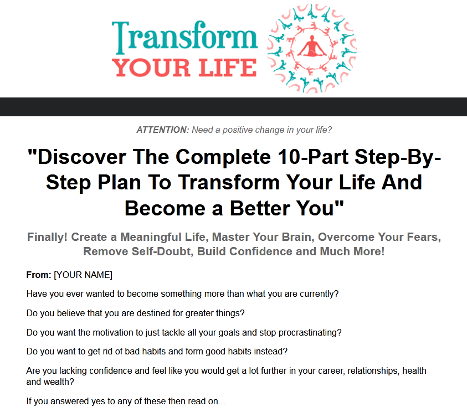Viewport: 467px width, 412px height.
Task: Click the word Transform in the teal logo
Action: (x=184, y=37)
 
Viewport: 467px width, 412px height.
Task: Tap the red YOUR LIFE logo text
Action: (x=184, y=68)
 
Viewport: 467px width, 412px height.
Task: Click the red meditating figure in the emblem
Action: (x=311, y=46)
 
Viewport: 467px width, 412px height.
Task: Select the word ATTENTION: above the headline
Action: (x=163, y=130)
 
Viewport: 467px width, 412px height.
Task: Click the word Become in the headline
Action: (x=165, y=208)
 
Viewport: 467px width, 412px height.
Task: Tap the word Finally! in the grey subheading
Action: (x=47, y=237)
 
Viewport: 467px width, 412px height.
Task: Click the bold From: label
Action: (x=39, y=275)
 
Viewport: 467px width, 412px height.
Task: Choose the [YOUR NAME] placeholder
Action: (x=83, y=275)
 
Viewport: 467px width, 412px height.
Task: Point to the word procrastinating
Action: (x=310, y=332)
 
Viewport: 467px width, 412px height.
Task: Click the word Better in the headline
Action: (x=260, y=208)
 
